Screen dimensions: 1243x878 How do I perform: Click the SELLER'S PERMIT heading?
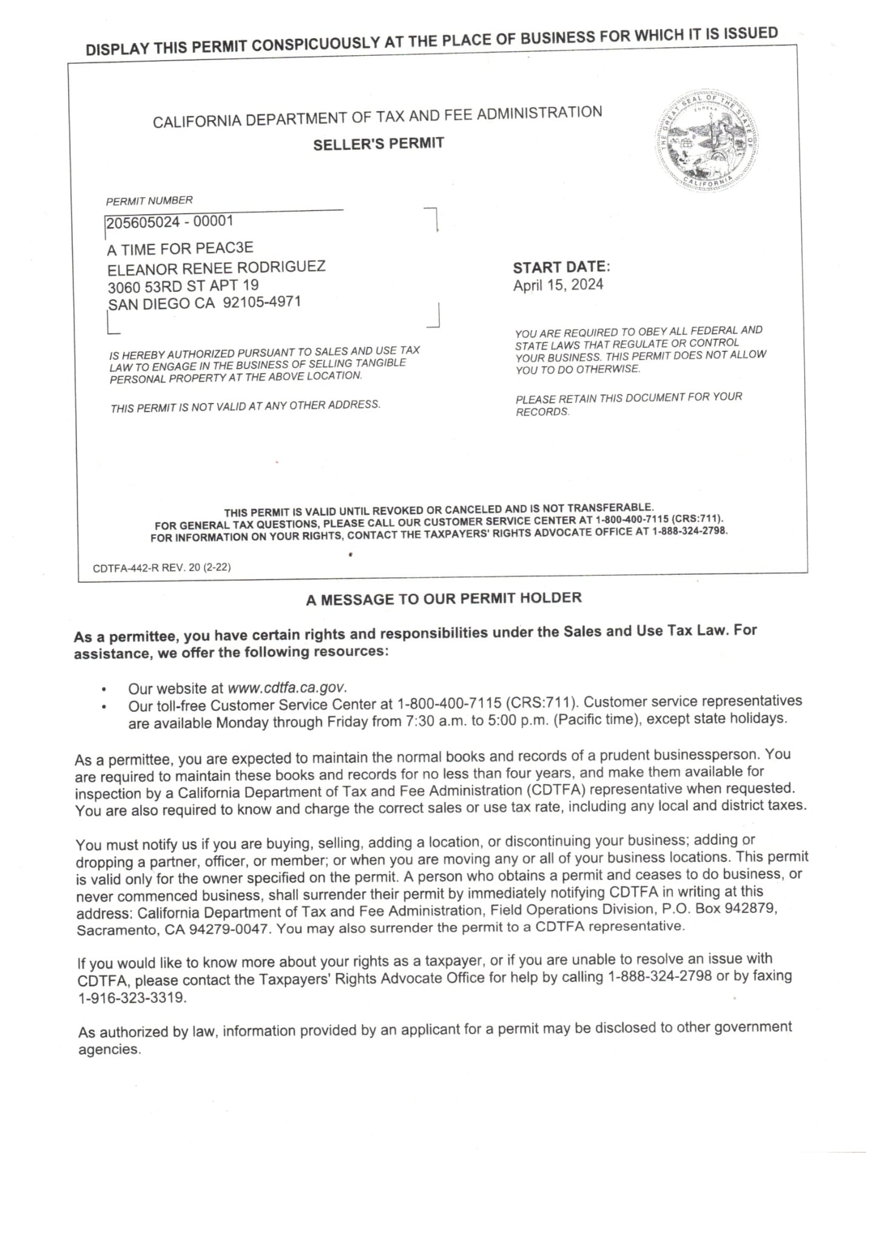(x=379, y=144)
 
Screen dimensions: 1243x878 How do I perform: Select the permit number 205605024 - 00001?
(x=170, y=222)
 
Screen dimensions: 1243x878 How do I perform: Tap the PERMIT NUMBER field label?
(x=149, y=201)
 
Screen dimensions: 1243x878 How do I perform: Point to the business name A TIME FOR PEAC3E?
(x=180, y=249)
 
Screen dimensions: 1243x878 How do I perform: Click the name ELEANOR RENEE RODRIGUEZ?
(x=216, y=267)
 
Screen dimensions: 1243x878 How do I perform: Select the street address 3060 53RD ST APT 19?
(x=183, y=285)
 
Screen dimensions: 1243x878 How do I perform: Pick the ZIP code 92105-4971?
(x=262, y=302)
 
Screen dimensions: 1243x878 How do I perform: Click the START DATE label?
(x=561, y=267)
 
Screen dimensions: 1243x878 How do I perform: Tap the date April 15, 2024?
(x=558, y=285)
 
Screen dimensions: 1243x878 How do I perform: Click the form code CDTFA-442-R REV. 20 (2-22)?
(x=161, y=568)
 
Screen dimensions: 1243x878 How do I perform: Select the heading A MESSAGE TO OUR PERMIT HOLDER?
(x=444, y=599)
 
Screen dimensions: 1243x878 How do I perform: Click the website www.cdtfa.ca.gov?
(x=286, y=688)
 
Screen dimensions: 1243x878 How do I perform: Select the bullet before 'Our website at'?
(x=104, y=690)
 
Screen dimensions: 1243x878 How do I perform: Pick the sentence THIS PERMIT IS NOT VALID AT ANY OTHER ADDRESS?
(x=245, y=406)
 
